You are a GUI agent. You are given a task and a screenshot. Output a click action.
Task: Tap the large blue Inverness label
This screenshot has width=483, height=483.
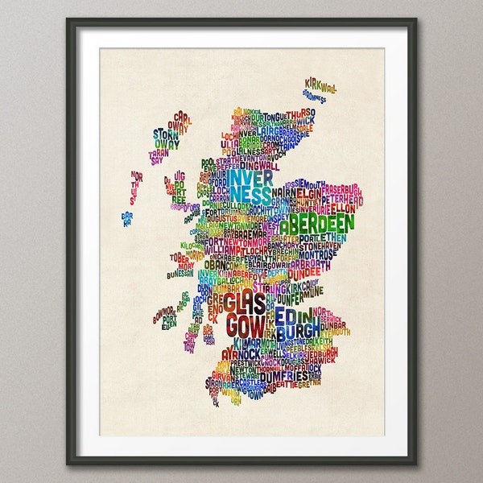(x=250, y=185)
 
